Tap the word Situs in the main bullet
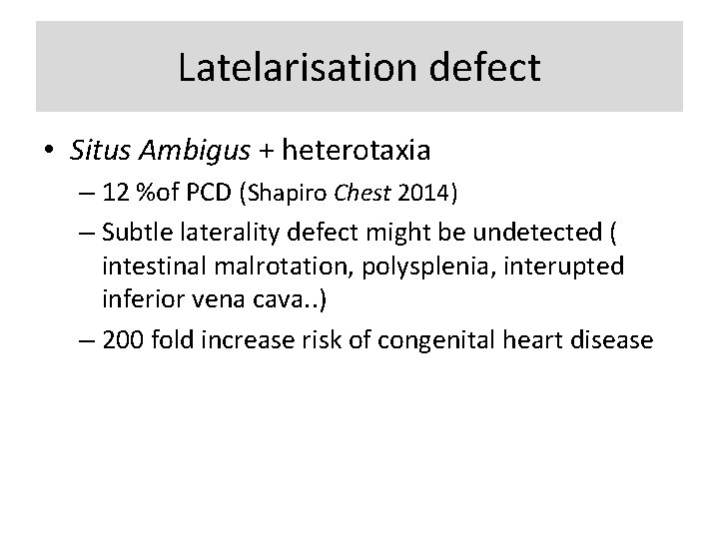point(95,152)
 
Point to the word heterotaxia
point(355,152)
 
